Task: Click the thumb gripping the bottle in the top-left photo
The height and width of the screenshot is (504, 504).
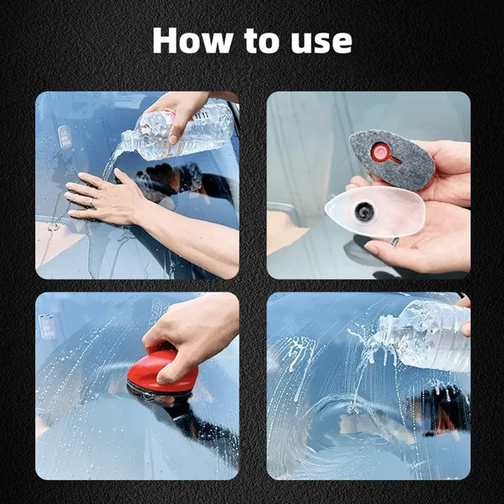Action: [x=174, y=130]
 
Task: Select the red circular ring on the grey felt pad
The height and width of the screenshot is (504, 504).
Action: [x=380, y=152]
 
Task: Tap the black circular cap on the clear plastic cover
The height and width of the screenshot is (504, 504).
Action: [x=364, y=212]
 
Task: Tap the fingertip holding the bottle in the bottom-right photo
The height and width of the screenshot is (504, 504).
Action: [x=466, y=328]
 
